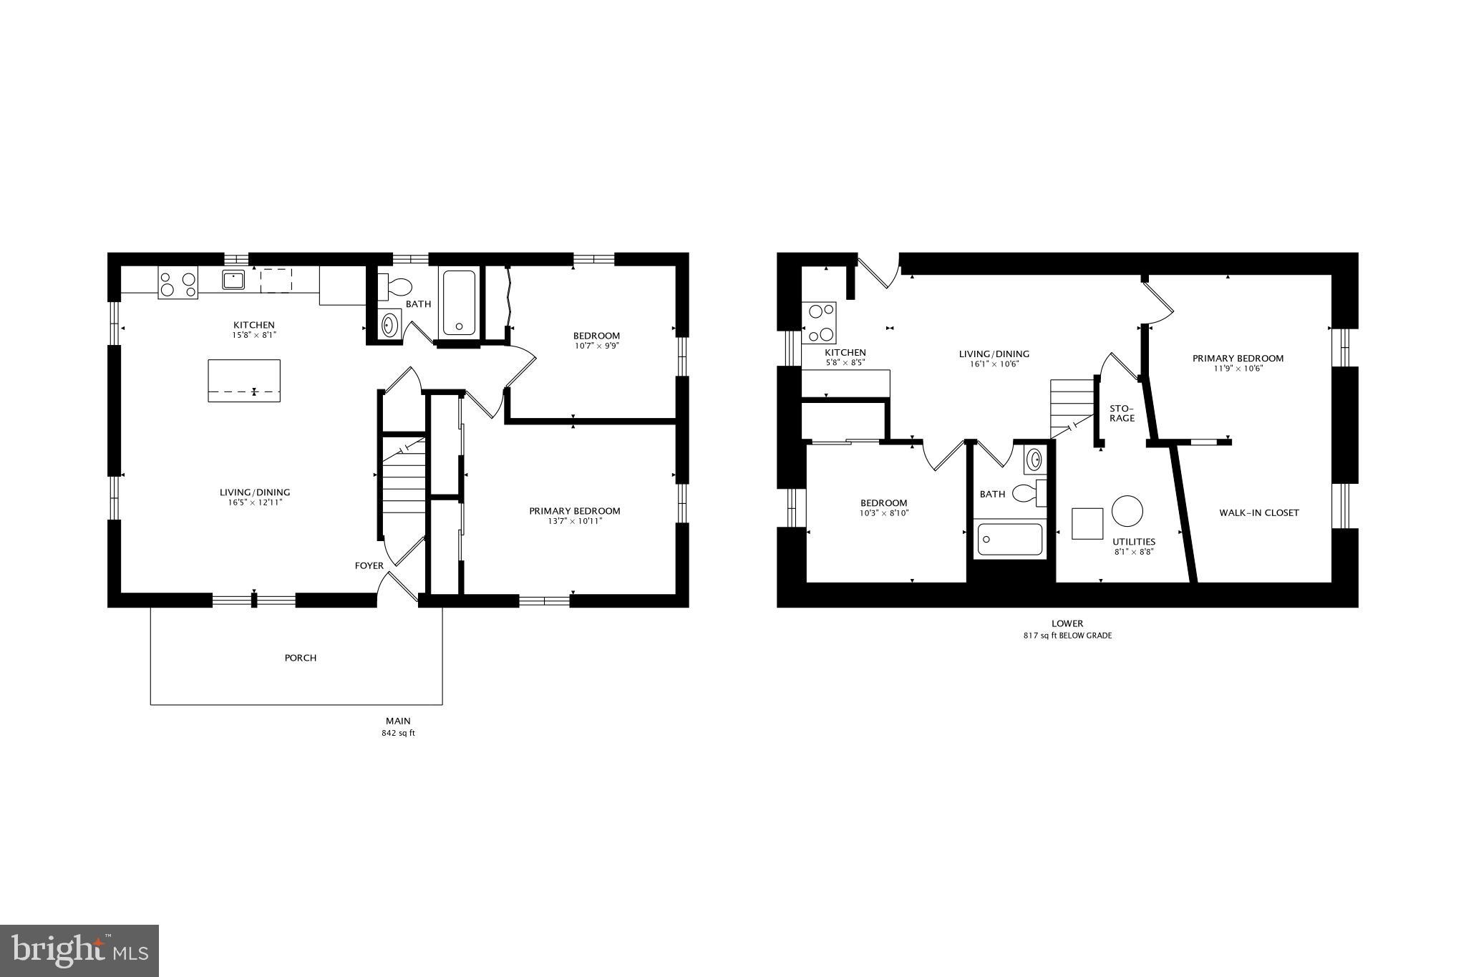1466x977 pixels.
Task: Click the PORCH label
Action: (x=300, y=658)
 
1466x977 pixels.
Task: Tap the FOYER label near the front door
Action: (x=369, y=566)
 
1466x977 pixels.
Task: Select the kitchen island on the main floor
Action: (x=244, y=380)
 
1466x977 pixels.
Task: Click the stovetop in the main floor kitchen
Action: (x=178, y=284)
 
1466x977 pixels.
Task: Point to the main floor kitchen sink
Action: (x=233, y=279)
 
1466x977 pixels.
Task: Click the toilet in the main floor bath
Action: (x=396, y=286)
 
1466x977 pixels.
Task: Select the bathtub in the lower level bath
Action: (x=1009, y=540)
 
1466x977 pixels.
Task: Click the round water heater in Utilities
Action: (x=1127, y=510)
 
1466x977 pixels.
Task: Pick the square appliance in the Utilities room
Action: (x=1087, y=523)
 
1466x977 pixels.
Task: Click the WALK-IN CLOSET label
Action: (x=1258, y=512)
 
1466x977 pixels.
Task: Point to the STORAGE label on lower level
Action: (x=1122, y=413)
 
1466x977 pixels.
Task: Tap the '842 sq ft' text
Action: (x=398, y=734)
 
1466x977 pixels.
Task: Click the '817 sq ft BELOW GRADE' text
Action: (x=1067, y=636)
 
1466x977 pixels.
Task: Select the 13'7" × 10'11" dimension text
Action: (x=574, y=521)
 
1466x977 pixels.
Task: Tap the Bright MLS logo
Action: (x=79, y=951)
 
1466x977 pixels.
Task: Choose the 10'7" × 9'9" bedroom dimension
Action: (x=596, y=346)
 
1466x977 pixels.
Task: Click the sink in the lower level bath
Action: (x=1034, y=460)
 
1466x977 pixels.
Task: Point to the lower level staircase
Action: (x=1072, y=407)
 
